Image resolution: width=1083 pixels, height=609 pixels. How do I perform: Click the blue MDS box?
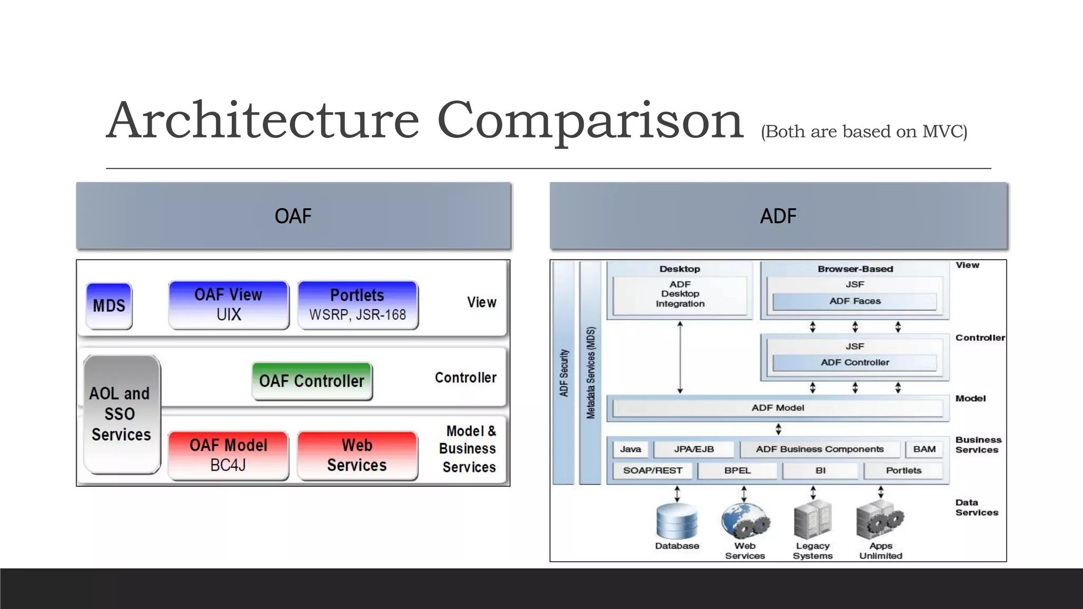click(x=109, y=306)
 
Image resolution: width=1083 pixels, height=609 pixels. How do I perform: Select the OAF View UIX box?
click(x=228, y=304)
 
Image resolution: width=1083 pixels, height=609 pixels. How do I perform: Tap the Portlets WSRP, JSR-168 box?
click(x=357, y=304)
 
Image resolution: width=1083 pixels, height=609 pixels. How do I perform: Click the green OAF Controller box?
click(x=312, y=381)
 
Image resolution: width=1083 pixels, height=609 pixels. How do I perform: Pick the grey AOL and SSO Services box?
click(x=122, y=414)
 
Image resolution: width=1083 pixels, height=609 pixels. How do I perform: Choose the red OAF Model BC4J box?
click(x=228, y=455)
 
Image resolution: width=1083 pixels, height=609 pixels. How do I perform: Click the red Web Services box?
click(x=357, y=455)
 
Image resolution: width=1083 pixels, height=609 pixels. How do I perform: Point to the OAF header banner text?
click(x=293, y=216)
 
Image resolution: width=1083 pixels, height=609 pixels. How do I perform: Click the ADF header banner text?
click(x=778, y=216)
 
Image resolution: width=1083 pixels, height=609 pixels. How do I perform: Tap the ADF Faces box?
click(x=855, y=301)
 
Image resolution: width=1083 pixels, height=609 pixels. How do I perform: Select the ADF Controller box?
click(x=855, y=363)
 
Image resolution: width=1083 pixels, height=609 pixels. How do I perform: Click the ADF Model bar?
click(x=777, y=408)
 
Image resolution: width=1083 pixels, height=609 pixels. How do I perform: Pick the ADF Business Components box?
click(x=820, y=449)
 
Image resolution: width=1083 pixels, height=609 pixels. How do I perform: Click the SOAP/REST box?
click(x=653, y=470)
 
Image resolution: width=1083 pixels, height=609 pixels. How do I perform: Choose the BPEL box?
click(x=737, y=470)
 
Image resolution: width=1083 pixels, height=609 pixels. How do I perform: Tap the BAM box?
click(x=924, y=449)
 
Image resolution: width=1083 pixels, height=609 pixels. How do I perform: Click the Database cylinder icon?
click(x=677, y=521)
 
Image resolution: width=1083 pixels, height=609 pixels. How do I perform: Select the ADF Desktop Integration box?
click(x=680, y=294)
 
